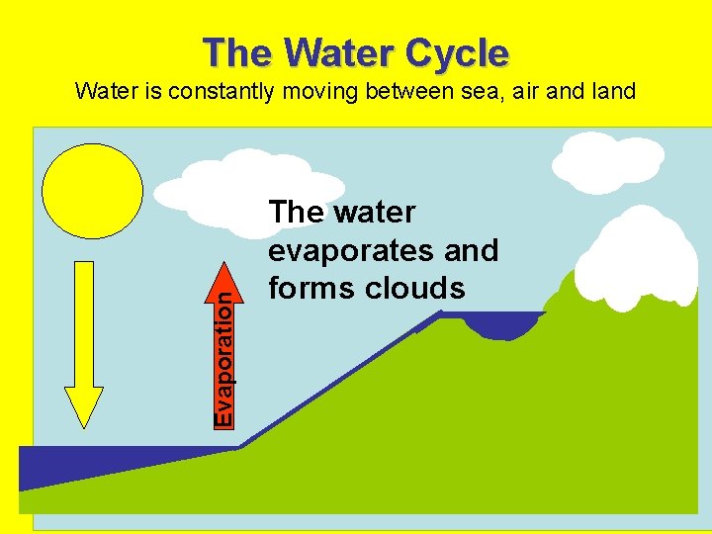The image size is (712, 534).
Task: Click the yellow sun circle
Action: click(93, 192)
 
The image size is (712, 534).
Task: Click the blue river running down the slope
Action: click(336, 380)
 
